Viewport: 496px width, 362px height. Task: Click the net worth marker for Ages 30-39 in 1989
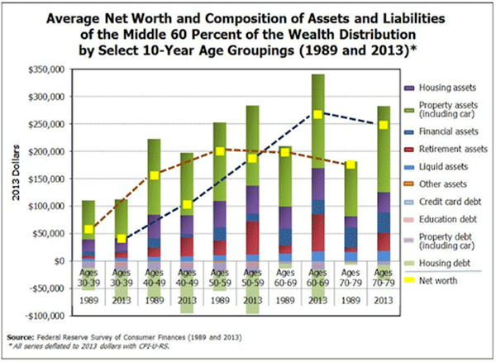pos(89,229)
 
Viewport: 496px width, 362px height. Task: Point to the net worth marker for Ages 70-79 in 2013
pos(383,125)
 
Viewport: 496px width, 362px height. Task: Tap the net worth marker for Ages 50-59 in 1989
pos(221,151)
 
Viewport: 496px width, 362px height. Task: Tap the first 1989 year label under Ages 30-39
pos(89,301)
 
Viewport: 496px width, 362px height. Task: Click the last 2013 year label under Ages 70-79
pos(383,301)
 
